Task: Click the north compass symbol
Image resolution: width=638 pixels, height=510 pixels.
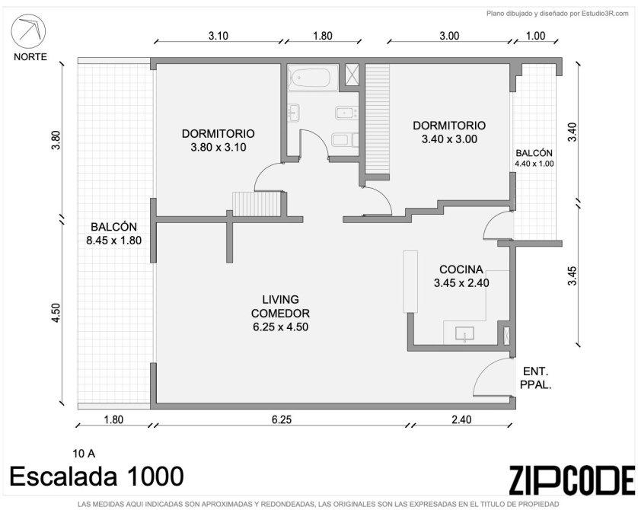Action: [28, 31]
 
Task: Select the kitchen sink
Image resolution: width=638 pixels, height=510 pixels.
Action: [464, 334]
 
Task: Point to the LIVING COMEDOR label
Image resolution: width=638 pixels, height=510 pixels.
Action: [280, 313]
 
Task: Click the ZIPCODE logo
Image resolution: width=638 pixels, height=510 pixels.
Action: [572, 480]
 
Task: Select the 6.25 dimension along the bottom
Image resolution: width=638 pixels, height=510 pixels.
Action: [282, 419]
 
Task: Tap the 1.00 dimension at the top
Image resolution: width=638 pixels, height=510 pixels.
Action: [535, 36]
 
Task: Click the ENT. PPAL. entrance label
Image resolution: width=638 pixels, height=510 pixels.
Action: [536, 378]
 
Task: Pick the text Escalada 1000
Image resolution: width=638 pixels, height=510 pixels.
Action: [97, 477]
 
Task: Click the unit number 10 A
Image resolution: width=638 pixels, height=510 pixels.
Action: [84, 453]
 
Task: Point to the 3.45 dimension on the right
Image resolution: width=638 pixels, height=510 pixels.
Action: [573, 276]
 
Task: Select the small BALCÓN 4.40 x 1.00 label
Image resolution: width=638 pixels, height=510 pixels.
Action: [534, 158]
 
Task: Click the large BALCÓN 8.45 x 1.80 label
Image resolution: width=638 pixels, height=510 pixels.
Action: [114, 234]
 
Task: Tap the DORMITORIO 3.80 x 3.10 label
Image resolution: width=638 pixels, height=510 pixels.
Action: [218, 140]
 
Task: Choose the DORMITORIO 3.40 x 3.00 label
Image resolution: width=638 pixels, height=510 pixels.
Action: [449, 132]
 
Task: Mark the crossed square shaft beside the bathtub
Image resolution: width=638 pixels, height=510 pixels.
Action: [352, 75]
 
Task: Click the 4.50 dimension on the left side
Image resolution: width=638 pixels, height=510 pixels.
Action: [56, 313]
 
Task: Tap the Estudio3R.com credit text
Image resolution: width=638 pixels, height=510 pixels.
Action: [557, 14]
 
